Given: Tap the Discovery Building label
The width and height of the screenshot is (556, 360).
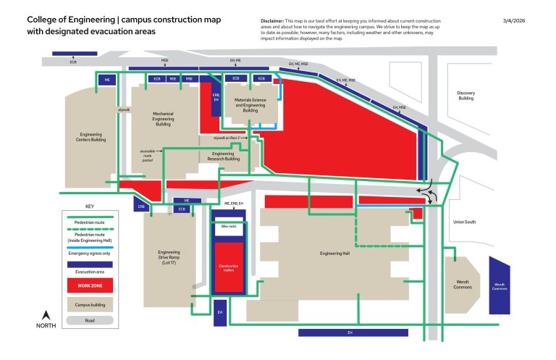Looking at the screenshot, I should point(466,96).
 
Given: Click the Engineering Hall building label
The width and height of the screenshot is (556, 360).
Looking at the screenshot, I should point(334,254).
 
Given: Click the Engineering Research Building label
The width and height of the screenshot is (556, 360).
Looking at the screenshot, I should point(223,156).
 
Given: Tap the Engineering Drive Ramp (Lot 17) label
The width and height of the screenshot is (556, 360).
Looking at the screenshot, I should point(169,257).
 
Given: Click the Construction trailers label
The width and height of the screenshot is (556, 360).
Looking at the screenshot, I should point(228,267).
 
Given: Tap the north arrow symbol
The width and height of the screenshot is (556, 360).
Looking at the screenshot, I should point(46,315).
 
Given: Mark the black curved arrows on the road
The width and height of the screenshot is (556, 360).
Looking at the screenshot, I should point(428,192).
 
